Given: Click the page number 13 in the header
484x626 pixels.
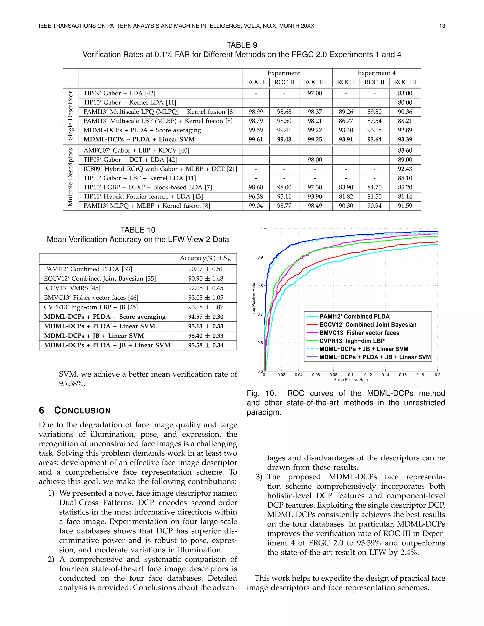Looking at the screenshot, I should pos(442,26).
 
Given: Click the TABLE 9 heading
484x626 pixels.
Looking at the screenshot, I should pos(242,45).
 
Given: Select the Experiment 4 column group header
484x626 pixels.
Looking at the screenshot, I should pos(376,73).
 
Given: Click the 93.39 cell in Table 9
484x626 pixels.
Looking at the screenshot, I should pos(405,139).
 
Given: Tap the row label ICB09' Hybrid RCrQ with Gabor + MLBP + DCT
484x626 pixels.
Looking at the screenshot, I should pos(160,169).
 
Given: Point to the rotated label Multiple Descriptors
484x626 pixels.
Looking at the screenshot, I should pos(70,177).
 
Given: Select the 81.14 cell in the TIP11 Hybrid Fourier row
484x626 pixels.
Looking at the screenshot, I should pos(405,196).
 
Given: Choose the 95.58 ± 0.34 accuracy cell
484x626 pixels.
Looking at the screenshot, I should pos(206,345).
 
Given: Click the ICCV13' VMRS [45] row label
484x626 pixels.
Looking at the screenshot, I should pos(72,288).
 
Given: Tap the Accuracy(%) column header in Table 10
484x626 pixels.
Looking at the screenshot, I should pos(205,258).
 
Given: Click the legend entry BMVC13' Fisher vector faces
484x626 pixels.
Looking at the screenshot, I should pos(359,333).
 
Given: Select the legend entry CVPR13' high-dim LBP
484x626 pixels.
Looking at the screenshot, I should pos(352,341).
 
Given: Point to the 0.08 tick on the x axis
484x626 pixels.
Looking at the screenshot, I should pos(333,375).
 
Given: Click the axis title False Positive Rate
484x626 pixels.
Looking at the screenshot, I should pos(351,380).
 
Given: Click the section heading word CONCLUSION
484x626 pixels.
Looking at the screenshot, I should pos(82,411).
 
